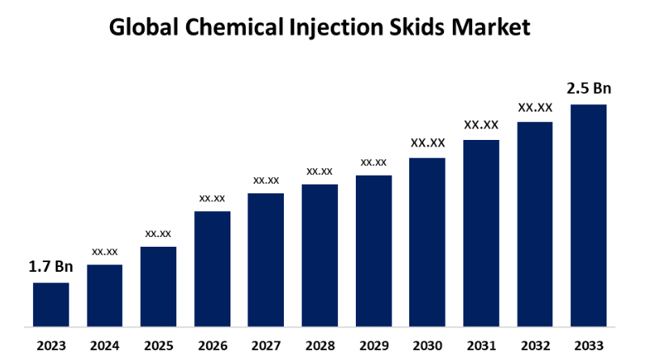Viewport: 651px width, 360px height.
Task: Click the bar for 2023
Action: click(x=51, y=304)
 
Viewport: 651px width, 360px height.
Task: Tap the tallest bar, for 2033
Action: click(x=588, y=215)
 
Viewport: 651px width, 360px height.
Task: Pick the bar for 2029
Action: click(x=374, y=251)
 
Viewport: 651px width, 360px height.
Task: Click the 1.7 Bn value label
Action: click(x=50, y=266)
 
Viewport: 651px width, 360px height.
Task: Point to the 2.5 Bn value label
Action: click(x=588, y=88)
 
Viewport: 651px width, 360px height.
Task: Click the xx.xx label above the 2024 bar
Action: click(x=104, y=252)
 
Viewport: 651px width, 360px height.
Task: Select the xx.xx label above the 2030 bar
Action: click(x=427, y=143)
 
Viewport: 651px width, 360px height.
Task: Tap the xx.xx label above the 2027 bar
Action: click(x=266, y=180)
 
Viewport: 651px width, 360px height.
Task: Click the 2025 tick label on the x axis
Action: click(x=159, y=345)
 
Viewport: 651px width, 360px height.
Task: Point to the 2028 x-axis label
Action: click(x=319, y=345)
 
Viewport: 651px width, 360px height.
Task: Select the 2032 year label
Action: click(x=535, y=345)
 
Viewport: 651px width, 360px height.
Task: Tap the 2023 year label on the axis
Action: click(x=51, y=345)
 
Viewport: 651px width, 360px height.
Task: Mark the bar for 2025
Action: click(x=159, y=286)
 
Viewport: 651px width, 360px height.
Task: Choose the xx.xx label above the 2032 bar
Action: click(x=535, y=107)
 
